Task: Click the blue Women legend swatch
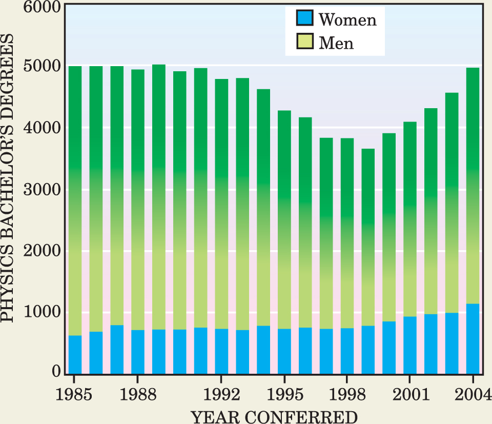pyautogui.click(x=304, y=19)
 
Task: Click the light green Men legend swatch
pyautogui.click(x=304, y=42)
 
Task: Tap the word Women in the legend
pyautogui.click(x=347, y=19)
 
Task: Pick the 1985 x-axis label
pyautogui.click(x=75, y=394)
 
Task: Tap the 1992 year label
pyautogui.click(x=221, y=394)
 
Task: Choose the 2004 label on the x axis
pyautogui.click(x=472, y=394)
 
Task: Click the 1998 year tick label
pyautogui.click(x=347, y=394)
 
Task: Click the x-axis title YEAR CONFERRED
pyautogui.click(x=274, y=416)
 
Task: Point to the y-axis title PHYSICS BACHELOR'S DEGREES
pyautogui.click(x=9, y=190)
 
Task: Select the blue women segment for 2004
pyautogui.click(x=473, y=338)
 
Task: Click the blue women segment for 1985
pyautogui.click(x=75, y=354)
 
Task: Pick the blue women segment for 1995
pyautogui.click(x=284, y=351)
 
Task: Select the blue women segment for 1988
pyautogui.click(x=138, y=352)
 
